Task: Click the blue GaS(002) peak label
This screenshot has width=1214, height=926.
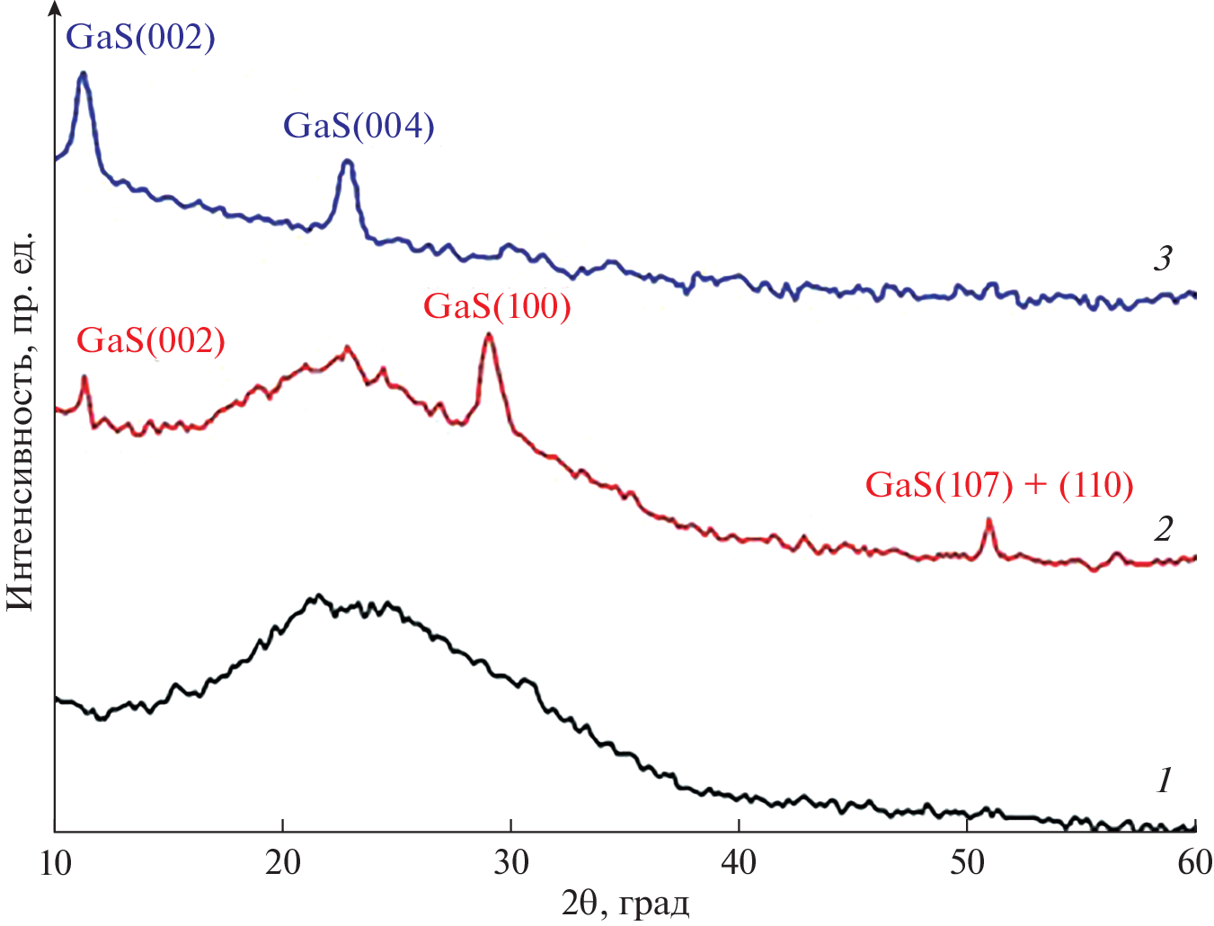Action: coord(141,37)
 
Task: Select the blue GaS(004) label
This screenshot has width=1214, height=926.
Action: coord(359,126)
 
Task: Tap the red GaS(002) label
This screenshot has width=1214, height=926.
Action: coord(150,340)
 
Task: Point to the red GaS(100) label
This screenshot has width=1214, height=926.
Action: coord(497,306)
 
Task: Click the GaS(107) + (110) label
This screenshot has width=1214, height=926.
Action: coord(999,485)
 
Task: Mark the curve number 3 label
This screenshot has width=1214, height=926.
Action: coord(1163,260)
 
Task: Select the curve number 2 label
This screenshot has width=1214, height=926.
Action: coord(1163,529)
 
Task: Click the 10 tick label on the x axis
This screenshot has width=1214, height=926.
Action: coord(55,863)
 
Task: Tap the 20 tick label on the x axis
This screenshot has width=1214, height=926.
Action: coord(283,863)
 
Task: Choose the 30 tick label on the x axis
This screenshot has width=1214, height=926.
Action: coord(511,863)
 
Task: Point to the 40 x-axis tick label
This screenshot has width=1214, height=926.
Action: coord(739,863)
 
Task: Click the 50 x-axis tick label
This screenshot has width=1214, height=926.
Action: coord(967,863)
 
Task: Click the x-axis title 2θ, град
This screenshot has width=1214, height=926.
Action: coord(625,903)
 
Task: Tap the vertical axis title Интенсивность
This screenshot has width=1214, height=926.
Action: coord(20,422)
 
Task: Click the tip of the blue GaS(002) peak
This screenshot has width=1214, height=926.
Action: coord(83,73)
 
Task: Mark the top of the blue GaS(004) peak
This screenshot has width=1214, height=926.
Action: coord(348,161)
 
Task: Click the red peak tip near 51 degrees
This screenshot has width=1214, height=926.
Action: coord(988,519)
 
